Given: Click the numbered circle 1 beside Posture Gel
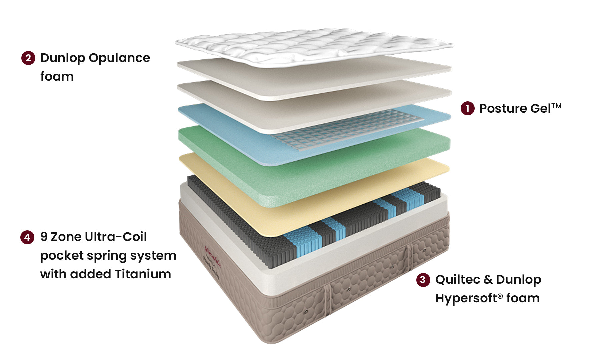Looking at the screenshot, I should [467, 108].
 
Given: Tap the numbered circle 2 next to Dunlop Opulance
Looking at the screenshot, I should [28, 58].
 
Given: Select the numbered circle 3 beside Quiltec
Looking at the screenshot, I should [423, 280].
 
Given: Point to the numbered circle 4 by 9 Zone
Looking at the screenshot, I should [27, 237].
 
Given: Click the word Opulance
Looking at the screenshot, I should [119, 58].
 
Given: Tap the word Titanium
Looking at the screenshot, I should [143, 274].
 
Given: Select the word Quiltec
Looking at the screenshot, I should [458, 279].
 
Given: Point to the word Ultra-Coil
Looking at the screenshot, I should [116, 237].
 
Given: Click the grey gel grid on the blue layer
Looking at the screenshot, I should [347, 130].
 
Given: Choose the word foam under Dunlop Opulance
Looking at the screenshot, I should [57, 77].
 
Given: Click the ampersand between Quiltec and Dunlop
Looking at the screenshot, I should [488, 279].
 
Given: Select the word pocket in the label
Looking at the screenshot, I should [62, 256].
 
